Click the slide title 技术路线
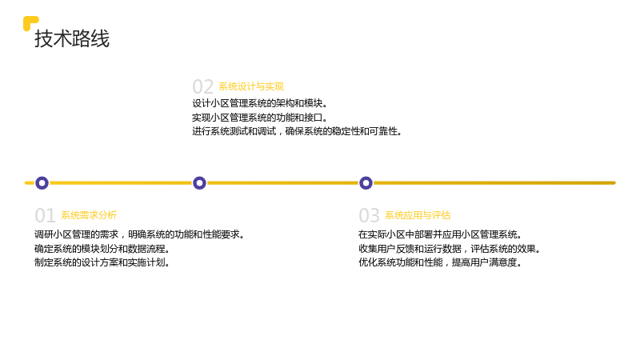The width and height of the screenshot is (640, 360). coord(72,38)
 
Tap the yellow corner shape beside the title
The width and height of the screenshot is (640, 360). coord(29,22)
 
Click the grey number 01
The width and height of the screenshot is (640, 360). coord(45,215)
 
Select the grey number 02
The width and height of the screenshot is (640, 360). coord(203,87)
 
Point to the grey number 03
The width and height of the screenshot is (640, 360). coord(369,215)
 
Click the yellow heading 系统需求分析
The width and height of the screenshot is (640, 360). coord(89,215)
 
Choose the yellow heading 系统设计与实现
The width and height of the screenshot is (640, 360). coord(251,86)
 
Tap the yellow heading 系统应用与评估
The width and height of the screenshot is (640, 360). coord(418,215)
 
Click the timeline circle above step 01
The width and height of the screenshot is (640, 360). coord(42,183)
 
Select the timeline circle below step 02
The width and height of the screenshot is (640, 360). coord(199,183)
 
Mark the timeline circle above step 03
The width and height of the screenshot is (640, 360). coord(366,183)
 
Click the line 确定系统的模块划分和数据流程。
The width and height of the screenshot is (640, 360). coord(102,249)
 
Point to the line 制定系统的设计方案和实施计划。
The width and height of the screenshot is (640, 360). coord(102,262)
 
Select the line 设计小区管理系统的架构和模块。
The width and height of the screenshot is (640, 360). coord(260,104)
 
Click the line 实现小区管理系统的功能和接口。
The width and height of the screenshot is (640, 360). coord(260,118)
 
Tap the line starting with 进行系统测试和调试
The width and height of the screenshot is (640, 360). coord(297,131)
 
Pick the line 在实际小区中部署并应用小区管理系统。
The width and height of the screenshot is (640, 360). coord(440,234)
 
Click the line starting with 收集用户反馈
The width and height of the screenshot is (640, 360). coord(450,249)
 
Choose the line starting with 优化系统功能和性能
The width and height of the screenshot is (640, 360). coord(440,262)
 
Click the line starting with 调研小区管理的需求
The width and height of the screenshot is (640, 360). coord(139,234)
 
